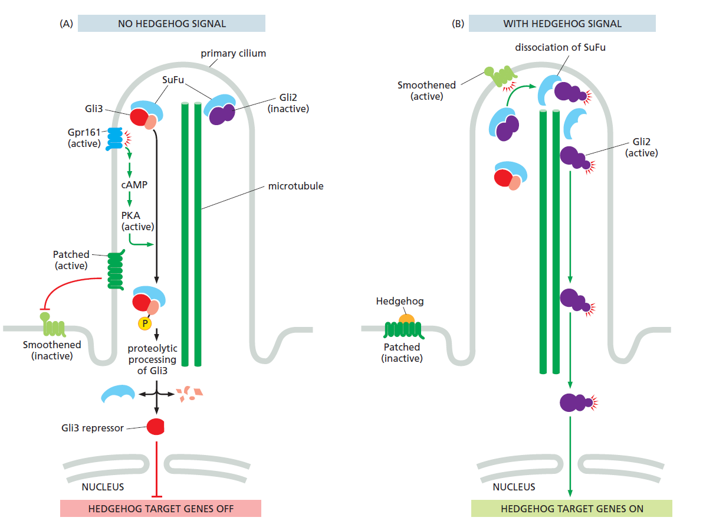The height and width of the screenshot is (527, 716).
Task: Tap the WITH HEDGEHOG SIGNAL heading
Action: (562, 24)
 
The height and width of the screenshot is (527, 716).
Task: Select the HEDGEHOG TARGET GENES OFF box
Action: (160, 509)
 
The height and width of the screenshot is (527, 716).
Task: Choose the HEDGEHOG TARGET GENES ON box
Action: (572, 509)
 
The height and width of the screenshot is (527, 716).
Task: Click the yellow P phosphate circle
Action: (144, 323)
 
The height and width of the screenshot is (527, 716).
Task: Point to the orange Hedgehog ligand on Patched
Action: (406, 319)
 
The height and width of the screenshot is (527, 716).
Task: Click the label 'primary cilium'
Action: (233, 53)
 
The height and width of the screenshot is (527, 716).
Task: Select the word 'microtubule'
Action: (295, 186)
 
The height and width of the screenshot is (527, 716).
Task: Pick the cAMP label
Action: (134, 185)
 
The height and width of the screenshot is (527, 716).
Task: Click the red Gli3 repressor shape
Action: (155, 426)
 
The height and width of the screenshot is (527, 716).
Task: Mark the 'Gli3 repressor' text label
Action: (93, 428)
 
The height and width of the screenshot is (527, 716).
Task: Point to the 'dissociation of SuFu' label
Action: (560, 47)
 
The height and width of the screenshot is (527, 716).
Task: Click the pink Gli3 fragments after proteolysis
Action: (191, 393)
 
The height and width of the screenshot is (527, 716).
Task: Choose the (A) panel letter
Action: (66, 24)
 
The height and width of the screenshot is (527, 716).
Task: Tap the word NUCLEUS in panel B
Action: (514, 487)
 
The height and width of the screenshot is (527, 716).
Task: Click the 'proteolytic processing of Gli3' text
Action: (152, 359)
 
